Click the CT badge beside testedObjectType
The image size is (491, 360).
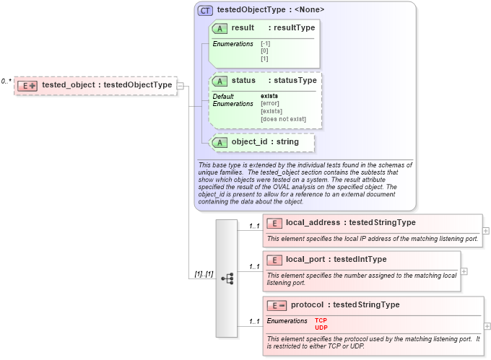(x=205, y=10)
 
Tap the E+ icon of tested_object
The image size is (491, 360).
(x=27, y=85)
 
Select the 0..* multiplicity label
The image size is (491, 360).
(x=6, y=82)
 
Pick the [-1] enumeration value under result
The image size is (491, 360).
(x=266, y=44)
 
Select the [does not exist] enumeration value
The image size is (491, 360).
(x=283, y=119)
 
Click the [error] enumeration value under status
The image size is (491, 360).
(x=271, y=103)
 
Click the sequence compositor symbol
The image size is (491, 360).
(x=227, y=278)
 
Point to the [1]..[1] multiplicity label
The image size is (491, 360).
(x=203, y=274)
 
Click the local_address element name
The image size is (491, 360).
(x=313, y=222)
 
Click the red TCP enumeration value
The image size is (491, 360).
(x=321, y=320)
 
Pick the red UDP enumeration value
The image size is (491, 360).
(x=321, y=328)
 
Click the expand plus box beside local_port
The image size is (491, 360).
(x=464, y=271)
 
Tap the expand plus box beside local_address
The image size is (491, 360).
(x=485, y=231)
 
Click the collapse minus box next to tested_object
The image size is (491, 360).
(x=181, y=85)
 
